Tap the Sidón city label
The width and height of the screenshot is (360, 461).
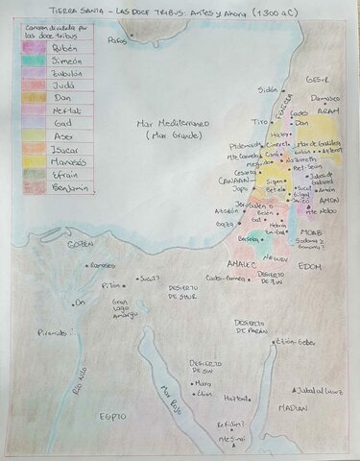click(267, 88)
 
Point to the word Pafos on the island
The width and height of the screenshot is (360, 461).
click(117, 40)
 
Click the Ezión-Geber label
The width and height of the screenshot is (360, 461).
click(295, 341)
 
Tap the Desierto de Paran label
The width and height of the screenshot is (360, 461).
click(250, 327)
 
